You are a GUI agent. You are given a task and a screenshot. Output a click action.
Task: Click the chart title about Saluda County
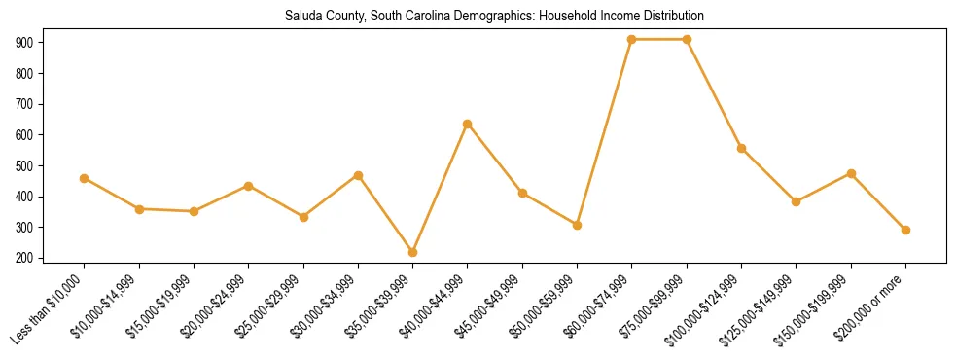coord(494,17)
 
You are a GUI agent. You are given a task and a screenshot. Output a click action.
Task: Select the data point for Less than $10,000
coord(85,178)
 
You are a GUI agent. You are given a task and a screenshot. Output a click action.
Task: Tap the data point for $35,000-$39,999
coord(413,252)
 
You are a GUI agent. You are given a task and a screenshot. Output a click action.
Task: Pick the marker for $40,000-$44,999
coord(468,124)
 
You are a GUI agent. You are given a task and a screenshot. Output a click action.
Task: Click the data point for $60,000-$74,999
coord(632,39)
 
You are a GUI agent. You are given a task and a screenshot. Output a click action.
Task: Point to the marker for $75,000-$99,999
coord(688,39)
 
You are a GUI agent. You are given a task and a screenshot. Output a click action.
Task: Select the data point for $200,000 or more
coord(906,230)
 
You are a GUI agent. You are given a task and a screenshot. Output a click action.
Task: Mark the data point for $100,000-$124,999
coord(742,148)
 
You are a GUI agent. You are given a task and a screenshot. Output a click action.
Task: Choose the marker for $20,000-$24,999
coord(249,186)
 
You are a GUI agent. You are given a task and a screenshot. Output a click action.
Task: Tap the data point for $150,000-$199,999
coord(852,173)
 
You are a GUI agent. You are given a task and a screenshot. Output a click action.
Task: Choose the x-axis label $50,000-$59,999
coord(546,308)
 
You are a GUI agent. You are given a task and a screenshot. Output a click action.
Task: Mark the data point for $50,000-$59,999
coord(578,225)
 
